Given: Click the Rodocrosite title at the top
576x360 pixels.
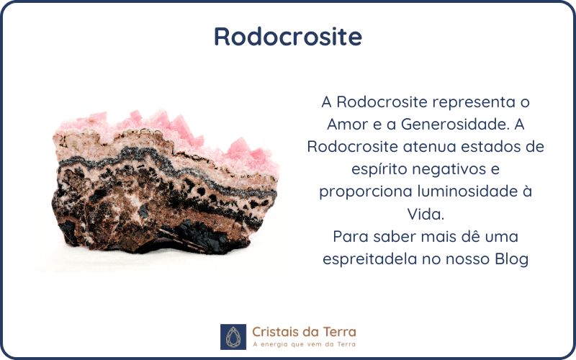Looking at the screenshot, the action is pos(288,36).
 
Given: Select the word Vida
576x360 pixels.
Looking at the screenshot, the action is pos(426,214).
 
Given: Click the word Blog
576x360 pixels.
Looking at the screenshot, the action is pos(512,259).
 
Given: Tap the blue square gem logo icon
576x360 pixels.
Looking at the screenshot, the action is pos(233,337).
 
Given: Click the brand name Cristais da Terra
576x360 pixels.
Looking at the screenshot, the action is pos(304,332).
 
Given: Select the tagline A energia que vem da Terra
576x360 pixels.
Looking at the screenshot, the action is pos(304,344).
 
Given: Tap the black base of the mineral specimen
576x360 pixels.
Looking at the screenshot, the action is pos(191,239).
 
